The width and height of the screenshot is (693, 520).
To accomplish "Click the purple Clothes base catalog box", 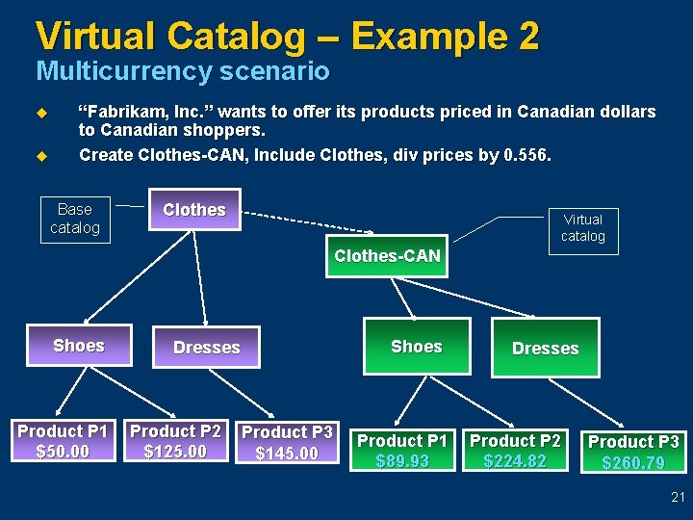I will click(194, 210).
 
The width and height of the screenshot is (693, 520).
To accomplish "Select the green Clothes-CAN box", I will click(387, 256).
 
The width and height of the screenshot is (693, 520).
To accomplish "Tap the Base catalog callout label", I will click(75, 219).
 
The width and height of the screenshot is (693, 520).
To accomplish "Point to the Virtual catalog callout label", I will click(582, 228).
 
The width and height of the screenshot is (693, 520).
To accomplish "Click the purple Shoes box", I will click(79, 346).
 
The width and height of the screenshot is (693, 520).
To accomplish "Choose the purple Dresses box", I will click(206, 348).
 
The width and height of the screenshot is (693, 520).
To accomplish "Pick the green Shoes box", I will click(416, 347).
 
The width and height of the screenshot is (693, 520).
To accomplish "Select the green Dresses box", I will click(545, 349).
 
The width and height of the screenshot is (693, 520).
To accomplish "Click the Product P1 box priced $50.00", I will click(63, 441).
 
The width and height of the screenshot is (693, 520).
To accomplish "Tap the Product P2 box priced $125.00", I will click(175, 441).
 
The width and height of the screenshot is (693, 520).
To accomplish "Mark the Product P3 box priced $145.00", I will click(287, 442).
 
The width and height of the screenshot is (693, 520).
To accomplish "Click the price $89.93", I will click(402, 461).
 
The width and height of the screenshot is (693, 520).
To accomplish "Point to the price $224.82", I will click(515, 461).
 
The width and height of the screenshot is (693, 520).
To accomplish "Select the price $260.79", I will click(633, 463).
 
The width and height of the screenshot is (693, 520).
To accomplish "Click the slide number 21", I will click(678, 498).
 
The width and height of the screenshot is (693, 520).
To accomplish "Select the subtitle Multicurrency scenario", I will click(182, 71).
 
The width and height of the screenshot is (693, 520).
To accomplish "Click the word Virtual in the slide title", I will click(96, 37).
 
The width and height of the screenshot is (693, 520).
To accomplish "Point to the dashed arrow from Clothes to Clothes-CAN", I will click(308, 222).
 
